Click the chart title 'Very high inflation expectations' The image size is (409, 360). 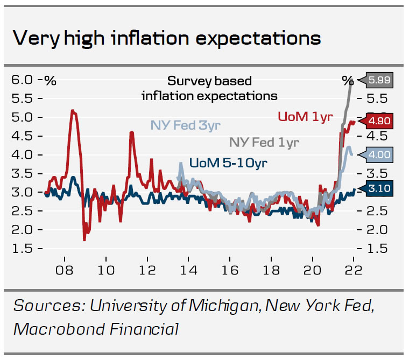pyautogui.click(x=166, y=38)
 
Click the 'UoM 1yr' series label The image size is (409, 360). pyautogui.click(x=305, y=116)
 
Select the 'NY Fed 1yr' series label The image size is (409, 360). pyautogui.click(x=264, y=142)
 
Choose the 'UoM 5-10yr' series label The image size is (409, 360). pyautogui.click(x=228, y=162)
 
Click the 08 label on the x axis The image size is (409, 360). pyautogui.click(x=65, y=270)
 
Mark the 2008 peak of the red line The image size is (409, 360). pyautogui.click(x=73, y=111)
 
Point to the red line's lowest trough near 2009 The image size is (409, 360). pyautogui.click(x=84, y=239)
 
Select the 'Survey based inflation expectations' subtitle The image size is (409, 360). pyautogui.click(x=209, y=88)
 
